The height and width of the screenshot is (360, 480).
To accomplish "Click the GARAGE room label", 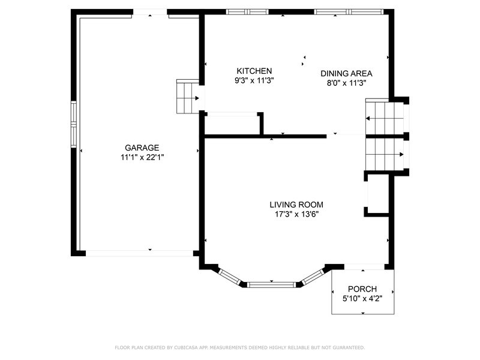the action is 142,148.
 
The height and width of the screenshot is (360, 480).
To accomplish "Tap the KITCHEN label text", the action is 254,71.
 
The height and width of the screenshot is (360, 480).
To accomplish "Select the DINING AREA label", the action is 346,73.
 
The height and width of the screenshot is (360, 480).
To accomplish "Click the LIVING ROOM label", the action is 296,205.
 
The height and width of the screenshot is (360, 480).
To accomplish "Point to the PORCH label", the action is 362,289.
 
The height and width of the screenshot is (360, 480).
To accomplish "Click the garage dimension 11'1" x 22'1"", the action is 142,157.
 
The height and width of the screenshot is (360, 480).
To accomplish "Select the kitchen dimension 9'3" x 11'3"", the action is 254,80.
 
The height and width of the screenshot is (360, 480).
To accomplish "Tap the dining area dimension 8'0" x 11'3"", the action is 346,83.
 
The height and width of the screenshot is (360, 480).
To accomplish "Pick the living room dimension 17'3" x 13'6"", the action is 296,214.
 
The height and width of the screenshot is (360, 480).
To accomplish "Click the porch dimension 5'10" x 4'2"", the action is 362,298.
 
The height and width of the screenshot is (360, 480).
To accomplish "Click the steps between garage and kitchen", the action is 188,97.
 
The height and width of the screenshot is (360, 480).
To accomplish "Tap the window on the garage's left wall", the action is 73,124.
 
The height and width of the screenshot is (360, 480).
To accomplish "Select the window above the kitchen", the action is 247,12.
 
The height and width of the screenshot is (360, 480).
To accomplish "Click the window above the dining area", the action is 349,12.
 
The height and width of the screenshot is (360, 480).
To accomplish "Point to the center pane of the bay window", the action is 271,285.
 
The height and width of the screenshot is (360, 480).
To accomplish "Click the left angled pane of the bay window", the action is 230,277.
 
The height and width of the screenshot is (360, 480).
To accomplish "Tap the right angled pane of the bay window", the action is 313,277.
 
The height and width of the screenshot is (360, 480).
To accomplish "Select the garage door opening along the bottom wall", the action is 139,253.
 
